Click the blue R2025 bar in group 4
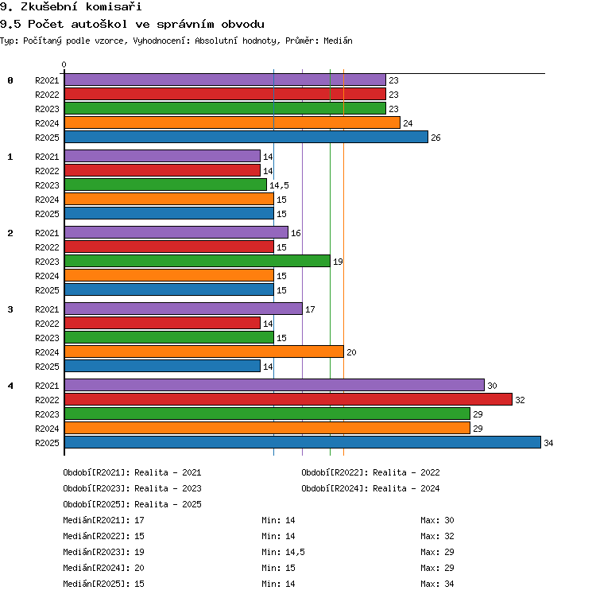pyautogui.click(x=303, y=442)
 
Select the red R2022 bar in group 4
pyautogui.click(x=288, y=399)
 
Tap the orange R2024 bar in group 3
pyautogui.click(x=204, y=351)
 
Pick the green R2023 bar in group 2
pyautogui.click(x=197, y=261)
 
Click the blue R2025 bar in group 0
pyautogui.click(x=246, y=137)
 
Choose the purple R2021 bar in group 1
pyautogui.click(x=162, y=156)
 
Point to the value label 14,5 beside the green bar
pyautogui.click(x=279, y=185)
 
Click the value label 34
pyautogui.click(x=548, y=443)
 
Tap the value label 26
pyautogui.click(x=435, y=138)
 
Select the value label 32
pyautogui.click(x=520, y=400)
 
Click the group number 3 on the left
pyautogui.click(x=10, y=309)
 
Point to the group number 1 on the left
pyautogui.click(x=10, y=157)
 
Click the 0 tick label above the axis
pyautogui.click(x=64, y=64)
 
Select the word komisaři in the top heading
pyautogui.click(x=114, y=6)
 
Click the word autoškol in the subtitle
pyautogui.click(x=99, y=24)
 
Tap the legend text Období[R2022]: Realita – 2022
pyautogui.click(x=370, y=472)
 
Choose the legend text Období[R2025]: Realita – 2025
pyautogui.click(x=132, y=504)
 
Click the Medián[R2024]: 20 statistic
pyautogui.click(x=103, y=568)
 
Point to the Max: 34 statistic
pyautogui.click(x=437, y=584)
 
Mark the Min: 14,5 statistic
pyautogui.click(x=283, y=552)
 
